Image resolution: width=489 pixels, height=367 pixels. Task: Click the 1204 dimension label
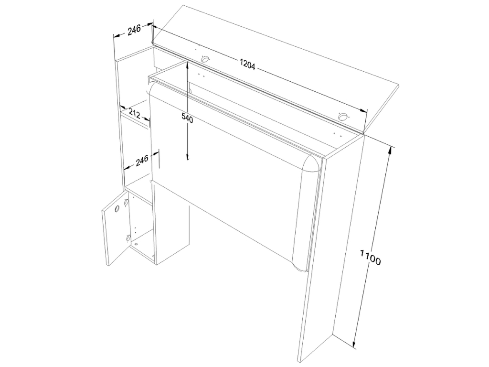pyautogui.click(x=247, y=65)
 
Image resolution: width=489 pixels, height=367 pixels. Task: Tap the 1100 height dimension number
pyautogui.click(x=370, y=257)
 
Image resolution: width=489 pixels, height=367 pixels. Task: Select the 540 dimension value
pyautogui.click(x=187, y=119)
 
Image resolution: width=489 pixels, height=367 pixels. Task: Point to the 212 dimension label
pyautogui.click(x=134, y=114)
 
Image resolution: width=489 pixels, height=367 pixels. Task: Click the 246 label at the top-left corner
pyautogui.click(x=134, y=30)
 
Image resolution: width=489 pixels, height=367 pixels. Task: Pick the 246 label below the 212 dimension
pyautogui.click(x=142, y=161)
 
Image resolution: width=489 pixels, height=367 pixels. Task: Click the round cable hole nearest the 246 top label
pyautogui.click(x=205, y=59)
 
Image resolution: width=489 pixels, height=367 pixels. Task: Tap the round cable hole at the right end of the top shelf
pyautogui.click(x=342, y=117)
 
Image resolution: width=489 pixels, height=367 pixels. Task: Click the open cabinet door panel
pyautogui.click(x=115, y=228)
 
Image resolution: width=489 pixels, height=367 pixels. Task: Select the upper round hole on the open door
pyautogui.click(x=117, y=209)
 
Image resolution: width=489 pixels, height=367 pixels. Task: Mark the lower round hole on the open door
pyautogui.click(x=128, y=238)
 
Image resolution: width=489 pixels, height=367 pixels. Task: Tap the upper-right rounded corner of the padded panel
pyautogui.click(x=313, y=160)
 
